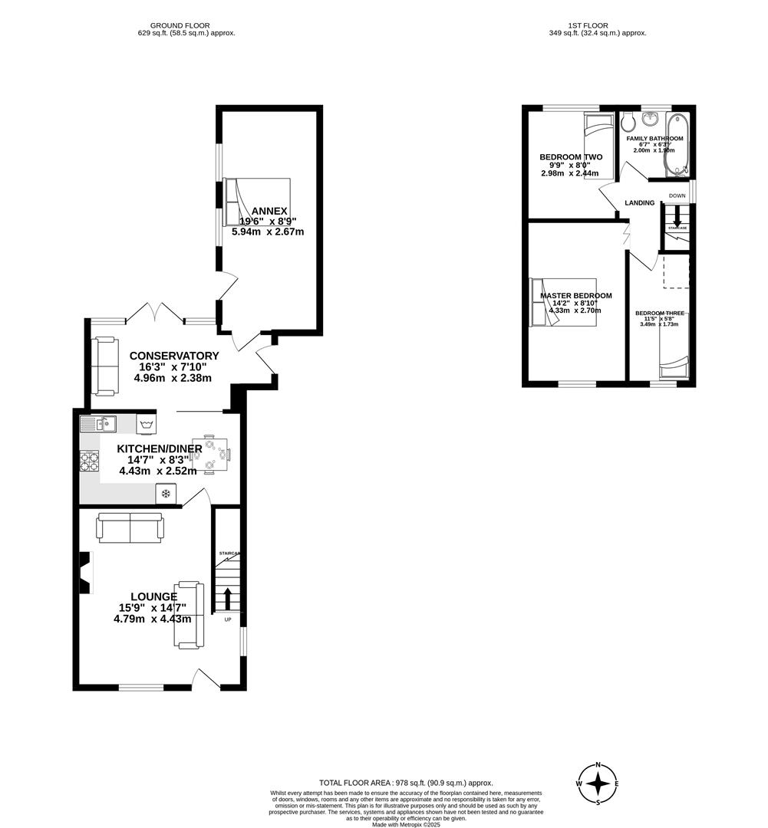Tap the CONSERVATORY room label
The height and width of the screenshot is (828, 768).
click(x=174, y=356)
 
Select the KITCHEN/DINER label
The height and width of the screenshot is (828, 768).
click(x=160, y=449)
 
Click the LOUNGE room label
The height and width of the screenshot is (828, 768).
click(x=153, y=596)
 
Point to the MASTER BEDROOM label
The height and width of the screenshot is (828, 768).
click(x=575, y=296)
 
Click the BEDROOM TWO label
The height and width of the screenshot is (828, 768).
click(x=571, y=157)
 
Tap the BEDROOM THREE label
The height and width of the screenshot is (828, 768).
click(x=659, y=314)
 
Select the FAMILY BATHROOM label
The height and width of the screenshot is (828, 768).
click(x=654, y=139)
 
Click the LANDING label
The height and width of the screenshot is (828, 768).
click(x=640, y=203)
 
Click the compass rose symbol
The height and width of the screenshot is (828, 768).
click(x=598, y=784)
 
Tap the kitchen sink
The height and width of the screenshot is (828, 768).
click(x=97, y=423)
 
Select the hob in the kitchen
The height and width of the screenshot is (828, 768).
click(x=90, y=462)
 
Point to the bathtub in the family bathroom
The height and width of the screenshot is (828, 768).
click(x=680, y=142)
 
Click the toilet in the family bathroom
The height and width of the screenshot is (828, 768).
click(x=626, y=121)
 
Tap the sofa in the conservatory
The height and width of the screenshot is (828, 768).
click(x=105, y=366)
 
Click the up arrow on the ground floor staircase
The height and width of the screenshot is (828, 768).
click(x=227, y=597)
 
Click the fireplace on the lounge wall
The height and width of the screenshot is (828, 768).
click(x=87, y=573)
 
